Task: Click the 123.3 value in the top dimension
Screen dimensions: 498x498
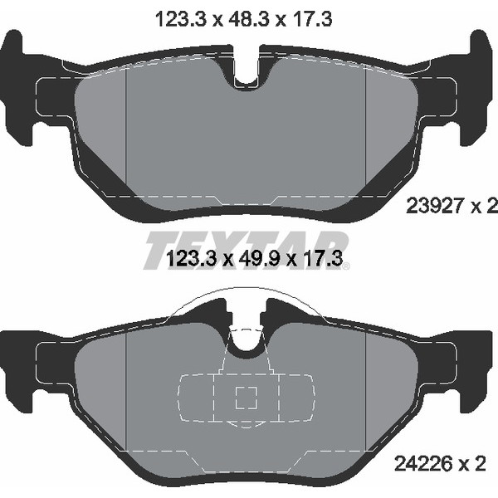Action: [181, 19]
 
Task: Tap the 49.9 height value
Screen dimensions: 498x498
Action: [257, 258]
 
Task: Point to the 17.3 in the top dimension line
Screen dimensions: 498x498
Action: [309, 19]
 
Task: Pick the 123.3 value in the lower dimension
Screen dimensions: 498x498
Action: [192, 258]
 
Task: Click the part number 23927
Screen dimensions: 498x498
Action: [434, 207]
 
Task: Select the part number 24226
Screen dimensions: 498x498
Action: [422, 464]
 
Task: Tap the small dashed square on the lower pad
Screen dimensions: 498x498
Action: [247, 398]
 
